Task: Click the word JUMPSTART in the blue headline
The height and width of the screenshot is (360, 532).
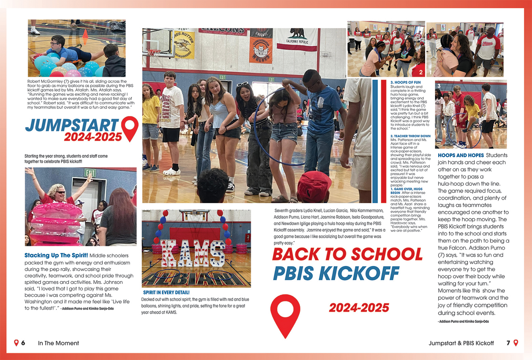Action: pos(72,126)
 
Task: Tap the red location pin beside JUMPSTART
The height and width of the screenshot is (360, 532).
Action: pos(130,127)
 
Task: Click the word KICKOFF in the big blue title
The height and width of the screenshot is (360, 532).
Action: pos(359,274)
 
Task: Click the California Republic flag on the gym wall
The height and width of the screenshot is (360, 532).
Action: pos(297,39)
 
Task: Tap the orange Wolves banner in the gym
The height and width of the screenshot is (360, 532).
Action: pos(261,47)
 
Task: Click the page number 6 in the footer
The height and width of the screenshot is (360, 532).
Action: pos(23,343)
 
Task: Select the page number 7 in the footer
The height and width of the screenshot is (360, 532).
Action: pos(508,343)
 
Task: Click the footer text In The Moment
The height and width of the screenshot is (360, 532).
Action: pos(58,343)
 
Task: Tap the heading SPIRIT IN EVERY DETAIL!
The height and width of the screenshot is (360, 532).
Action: pos(166,292)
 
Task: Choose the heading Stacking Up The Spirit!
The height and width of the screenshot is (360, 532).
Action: pos(56,255)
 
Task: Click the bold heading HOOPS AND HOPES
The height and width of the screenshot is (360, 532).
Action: pos(461,155)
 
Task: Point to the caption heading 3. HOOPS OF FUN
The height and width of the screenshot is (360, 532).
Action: pos(406,82)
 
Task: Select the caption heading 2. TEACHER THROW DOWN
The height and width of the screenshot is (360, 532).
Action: pos(410,136)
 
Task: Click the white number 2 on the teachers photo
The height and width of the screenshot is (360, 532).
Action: pos(420,72)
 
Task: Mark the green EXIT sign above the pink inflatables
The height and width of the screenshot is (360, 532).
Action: pos(90,173)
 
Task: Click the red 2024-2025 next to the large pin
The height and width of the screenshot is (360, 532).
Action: pos(359,308)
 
